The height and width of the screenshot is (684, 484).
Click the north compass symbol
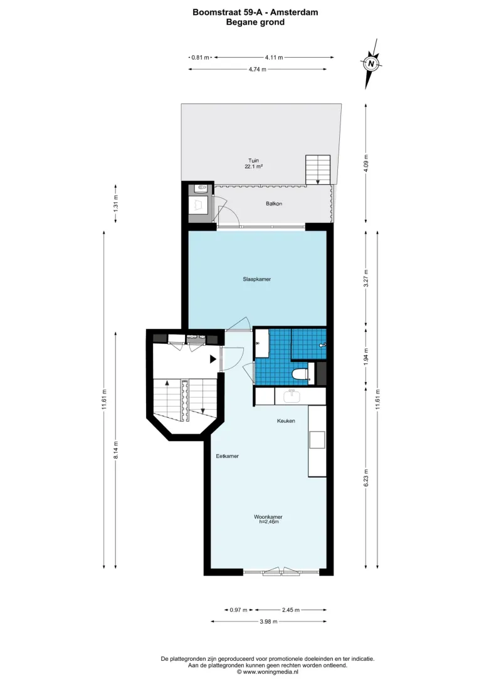(371, 63)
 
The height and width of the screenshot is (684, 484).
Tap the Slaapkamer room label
(256, 279)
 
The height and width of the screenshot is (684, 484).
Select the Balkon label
(274, 204)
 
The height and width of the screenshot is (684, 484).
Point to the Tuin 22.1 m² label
(253, 163)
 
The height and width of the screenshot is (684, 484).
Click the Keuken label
(286, 421)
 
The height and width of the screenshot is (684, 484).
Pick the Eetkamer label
(228, 456)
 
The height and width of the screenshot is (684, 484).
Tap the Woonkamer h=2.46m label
(268, 519)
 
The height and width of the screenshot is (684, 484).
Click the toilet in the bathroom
(300, 375)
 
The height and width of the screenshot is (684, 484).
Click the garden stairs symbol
(318, 170)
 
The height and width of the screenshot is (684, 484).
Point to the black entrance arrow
(213, 360)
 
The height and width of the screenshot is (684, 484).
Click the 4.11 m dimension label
(273, 57)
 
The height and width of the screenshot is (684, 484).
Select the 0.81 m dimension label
(201, 57)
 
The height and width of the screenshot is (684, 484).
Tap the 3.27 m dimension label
(367, 278)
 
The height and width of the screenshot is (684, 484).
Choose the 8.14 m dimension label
(116, 450)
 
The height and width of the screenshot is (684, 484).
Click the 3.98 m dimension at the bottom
(268, 621)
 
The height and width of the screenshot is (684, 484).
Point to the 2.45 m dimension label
(291, 610)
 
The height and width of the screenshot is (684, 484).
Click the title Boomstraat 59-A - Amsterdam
(255, 13)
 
